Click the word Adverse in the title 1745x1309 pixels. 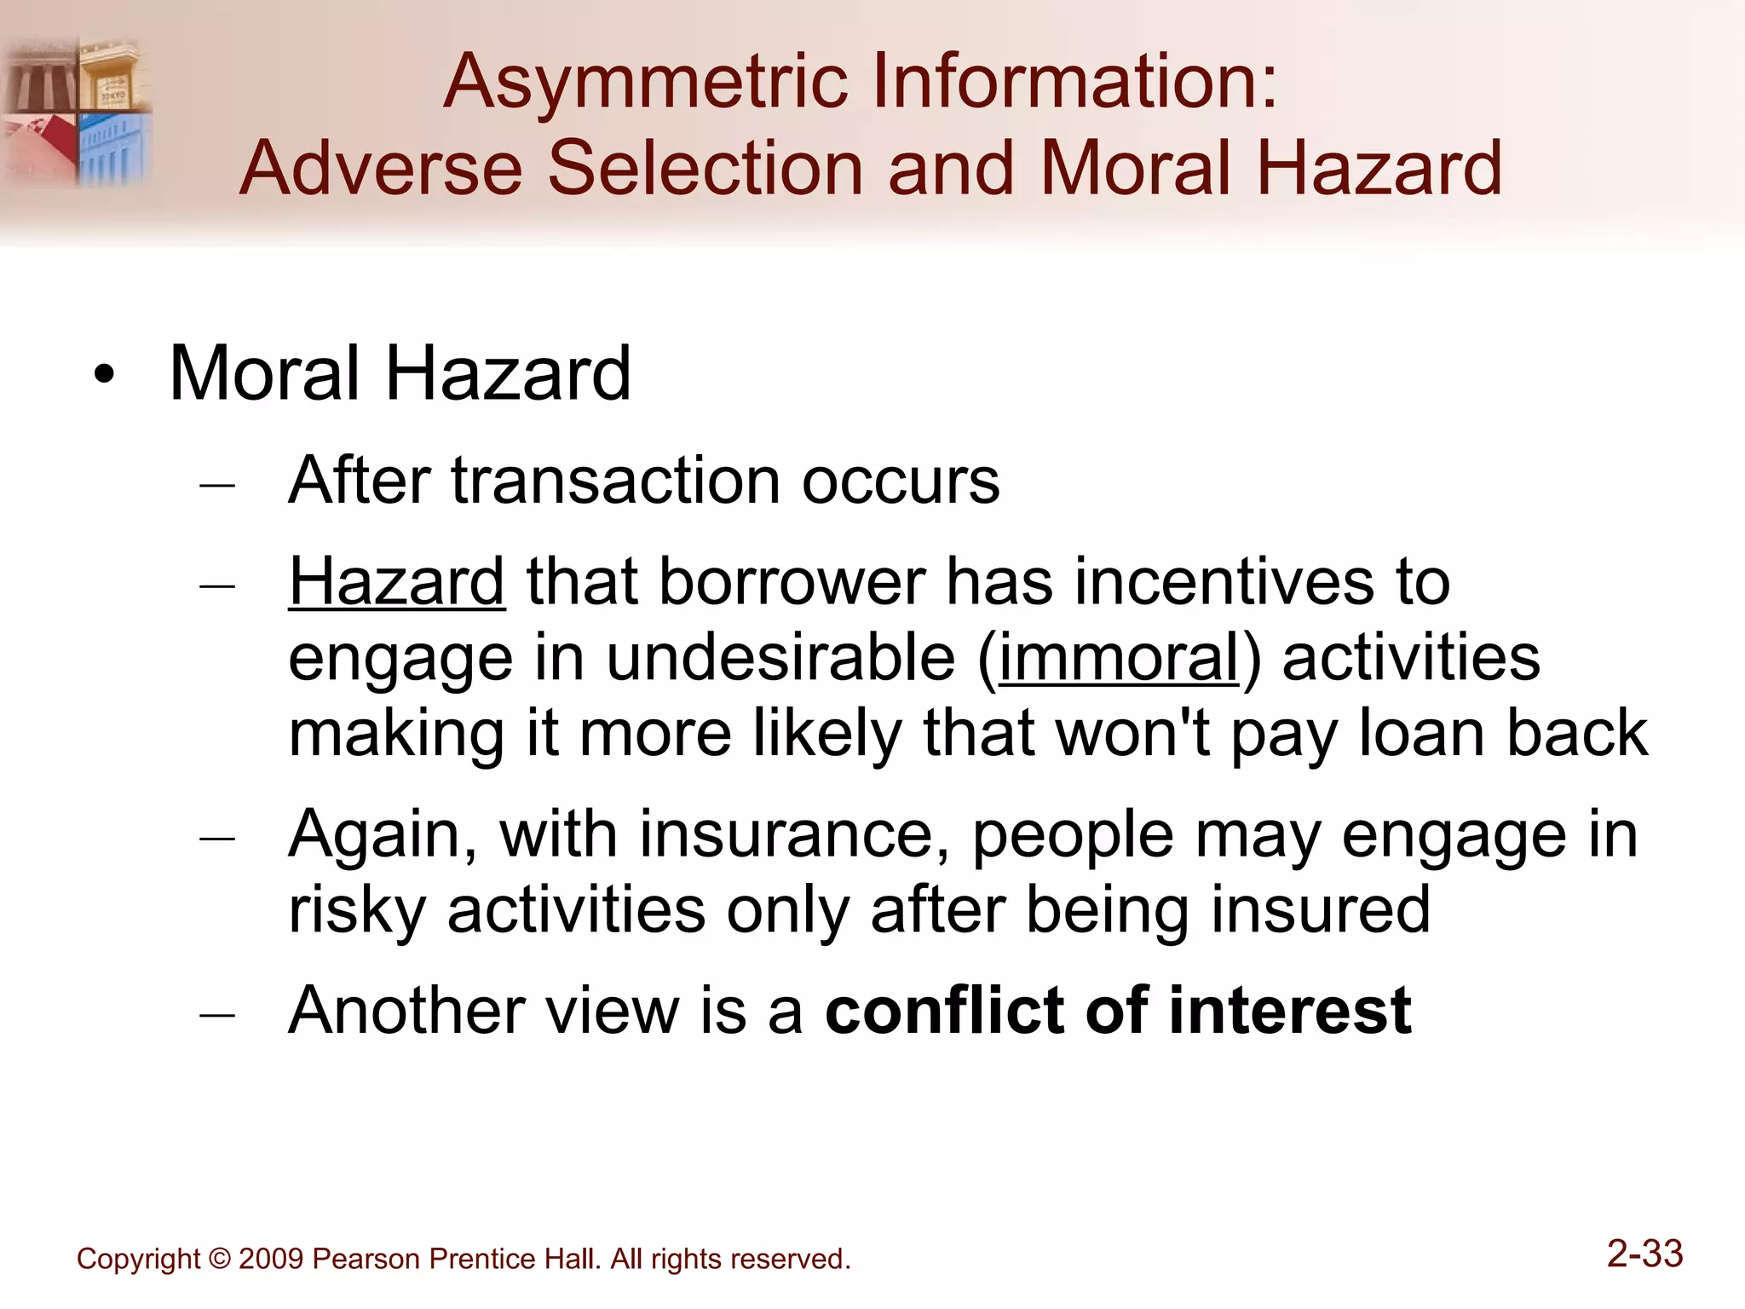pyautogui.click(x=381, y=168)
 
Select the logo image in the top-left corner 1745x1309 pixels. pyautogui.click(x=77, y=111)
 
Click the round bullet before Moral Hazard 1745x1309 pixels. pyautogui.click(x=104, y=376)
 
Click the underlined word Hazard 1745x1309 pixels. pyautogui.click(x=397, y=582)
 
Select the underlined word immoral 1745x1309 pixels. pyautogui.click(x=1119, y=658)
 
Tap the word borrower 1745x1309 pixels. pyautogui.click(x=792, y=582)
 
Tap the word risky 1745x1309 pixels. pyautogui.click(x=357, y=910)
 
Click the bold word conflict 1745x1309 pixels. pyautogui.click(x=945, y=1011)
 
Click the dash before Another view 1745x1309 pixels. pyautogui.click(x=217, y=1015)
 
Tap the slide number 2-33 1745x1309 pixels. pyautogui.click(x=1644, y=1254)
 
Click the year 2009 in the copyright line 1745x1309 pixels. pyautogui.click(x=270, y=1260)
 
